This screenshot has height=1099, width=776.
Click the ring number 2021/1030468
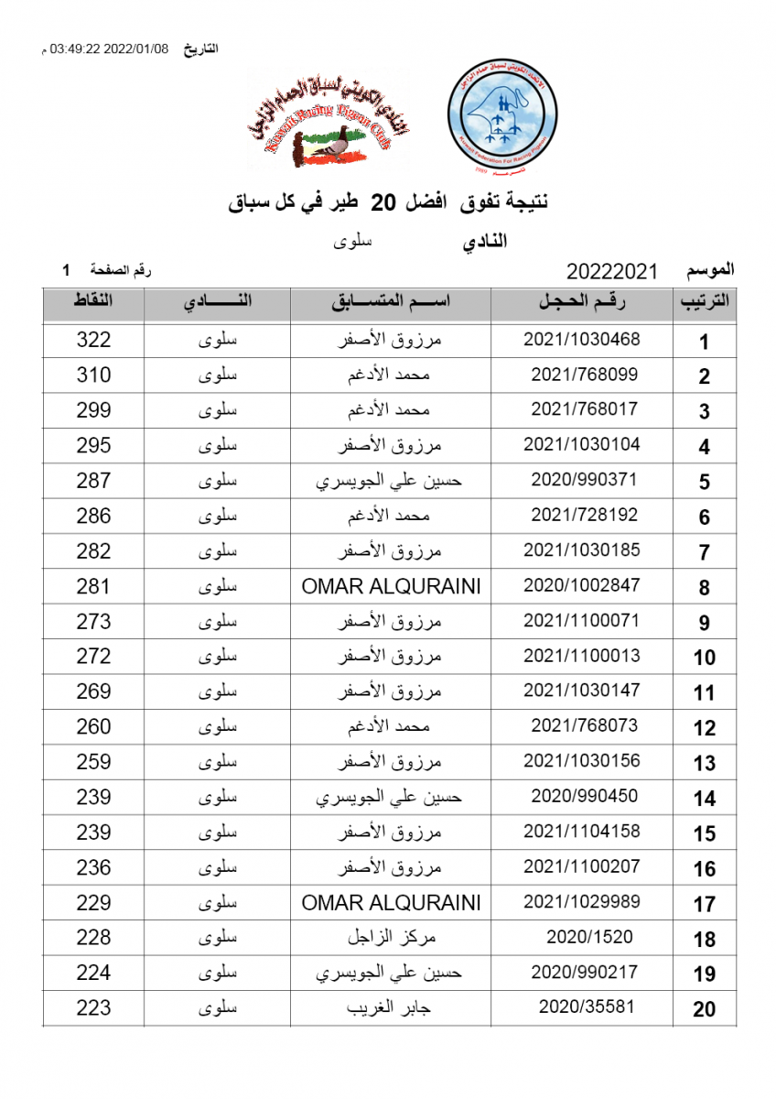click(x=582, y=339)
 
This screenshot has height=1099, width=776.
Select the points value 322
click(x=93, y=340)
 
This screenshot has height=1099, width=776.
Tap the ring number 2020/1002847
click(x=582, y=585)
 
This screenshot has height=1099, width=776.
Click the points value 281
click(x=93, y=586)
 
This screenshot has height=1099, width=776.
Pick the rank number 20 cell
click(x=704, y=1009)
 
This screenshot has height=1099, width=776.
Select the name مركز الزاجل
click(x=391, y=937)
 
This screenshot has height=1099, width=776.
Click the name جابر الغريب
click(x=391, y=1007)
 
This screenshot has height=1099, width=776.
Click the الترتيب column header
click(x=704, y=304)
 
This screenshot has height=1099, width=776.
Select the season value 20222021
click(x=613, y=271)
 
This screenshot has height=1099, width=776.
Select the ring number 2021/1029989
click(x=582, y=902)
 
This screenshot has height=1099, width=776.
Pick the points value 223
click(x=93, y=1008)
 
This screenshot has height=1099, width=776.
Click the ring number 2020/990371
click(x=584, y=479)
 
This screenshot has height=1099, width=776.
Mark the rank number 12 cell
click(x=704, y=728)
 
